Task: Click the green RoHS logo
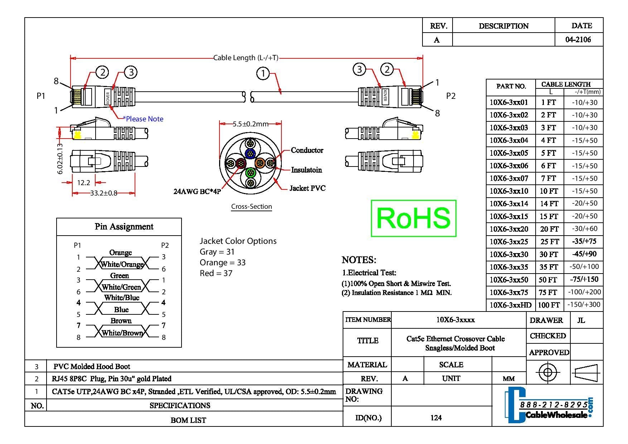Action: pyautogui.click(x=414, y=218)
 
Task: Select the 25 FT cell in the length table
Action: pyautogui.click(x=549, y=242)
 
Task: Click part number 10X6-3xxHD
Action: pyautogui.click(x=510, y=305)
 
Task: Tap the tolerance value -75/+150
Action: pyautogui.click(x=584, y=280)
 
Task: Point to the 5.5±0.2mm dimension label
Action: pyautogui.click(x=250, y=124)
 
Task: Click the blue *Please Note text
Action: pyautogui.click(x=143, y=119)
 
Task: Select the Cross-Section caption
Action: pyautogui.click(x=251, y=207)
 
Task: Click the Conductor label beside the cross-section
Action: pyautogui.click(x=307, y=150)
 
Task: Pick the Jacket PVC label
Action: pyautogui.click(x=308, y=188)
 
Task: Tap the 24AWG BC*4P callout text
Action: pyautogui.click(x=197, y=192)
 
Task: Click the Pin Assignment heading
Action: pyautogui.click(x=124, y=227)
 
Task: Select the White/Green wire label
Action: pyautogui.click(x=121, y=287)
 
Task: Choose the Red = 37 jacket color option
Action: pyautogui.click(x=216, y=273)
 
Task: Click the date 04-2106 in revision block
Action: pyautogui.click(x=578, y=40)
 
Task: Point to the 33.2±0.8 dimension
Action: pyautogui.click(x=103, y=193)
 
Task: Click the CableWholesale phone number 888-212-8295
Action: pyautogui.click(x=554, y=405)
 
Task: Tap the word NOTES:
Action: pyautogui.click(x=359, y=260)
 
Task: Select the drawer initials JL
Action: pyautogui.click(x=581, y=320)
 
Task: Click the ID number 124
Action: pyautogui.click(x=436, y=418)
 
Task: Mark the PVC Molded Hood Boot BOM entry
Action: pyautogui.click(x=92, y=367)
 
